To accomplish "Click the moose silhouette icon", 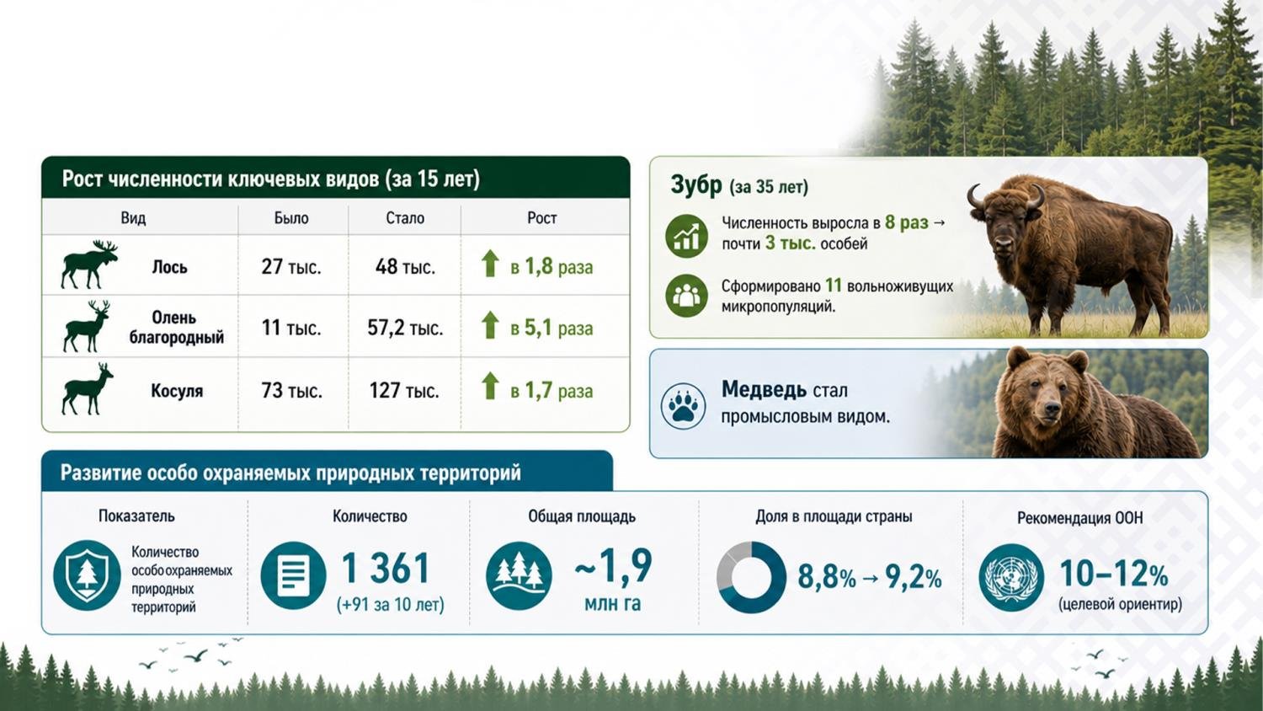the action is tap(89, 265).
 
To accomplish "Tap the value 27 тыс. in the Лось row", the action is tap(291, 266).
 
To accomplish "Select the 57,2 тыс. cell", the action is tap(405, 328).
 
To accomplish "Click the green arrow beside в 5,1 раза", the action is tap(490, 325).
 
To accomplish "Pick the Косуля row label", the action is tap(177, 391).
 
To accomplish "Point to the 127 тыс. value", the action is tap(403, 391).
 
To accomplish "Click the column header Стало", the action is tap(405, 218).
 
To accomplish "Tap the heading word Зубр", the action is tap(695, 185).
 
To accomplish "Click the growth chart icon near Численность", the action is tap(686, 237).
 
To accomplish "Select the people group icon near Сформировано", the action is tap(686, 296).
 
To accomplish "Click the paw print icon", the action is tap(683, 406).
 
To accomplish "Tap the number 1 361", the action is tap(386, 568).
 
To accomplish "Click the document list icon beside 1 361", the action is tap(293, 575).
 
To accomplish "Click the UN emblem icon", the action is tap(1011, 577).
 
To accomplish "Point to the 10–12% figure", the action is tap(1114, 574).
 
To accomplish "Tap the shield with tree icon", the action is tap(87, 575).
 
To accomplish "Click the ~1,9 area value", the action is tap(613, 565).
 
